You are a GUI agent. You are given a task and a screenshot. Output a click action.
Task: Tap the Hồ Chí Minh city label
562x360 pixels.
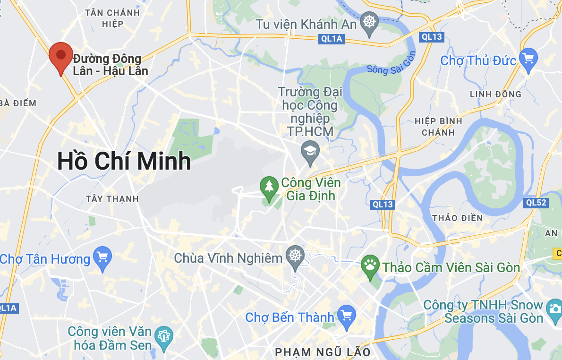124,162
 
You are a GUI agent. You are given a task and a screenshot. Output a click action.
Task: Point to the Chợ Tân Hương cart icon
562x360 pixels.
102,257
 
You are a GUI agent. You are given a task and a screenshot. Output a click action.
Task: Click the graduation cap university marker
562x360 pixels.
310,151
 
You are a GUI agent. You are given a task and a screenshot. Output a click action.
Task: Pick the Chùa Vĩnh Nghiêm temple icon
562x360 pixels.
296,257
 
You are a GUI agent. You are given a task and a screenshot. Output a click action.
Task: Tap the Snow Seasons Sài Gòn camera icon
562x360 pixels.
554,309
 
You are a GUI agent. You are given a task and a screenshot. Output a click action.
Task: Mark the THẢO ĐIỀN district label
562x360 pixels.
458,218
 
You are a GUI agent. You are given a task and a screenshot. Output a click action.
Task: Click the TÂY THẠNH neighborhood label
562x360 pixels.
113,199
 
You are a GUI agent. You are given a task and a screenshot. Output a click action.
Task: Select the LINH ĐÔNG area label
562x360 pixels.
495,94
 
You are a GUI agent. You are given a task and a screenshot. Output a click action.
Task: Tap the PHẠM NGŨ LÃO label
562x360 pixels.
323,352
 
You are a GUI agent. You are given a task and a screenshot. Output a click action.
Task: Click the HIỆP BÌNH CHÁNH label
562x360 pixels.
438,127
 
